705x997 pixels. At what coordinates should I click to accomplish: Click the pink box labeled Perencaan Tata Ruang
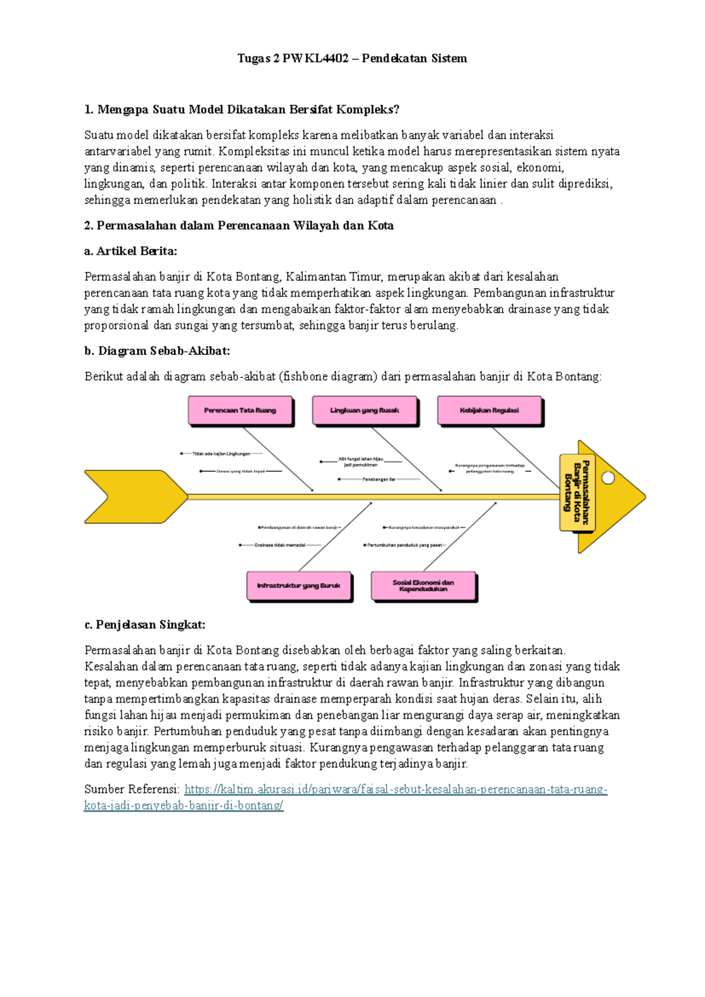(x=240, y=410)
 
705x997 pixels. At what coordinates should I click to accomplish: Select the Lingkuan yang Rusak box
(x=364, y=410)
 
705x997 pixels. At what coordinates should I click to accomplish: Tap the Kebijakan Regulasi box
(x=489, y=410)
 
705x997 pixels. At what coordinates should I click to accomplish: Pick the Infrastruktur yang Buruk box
(x=298, y=586)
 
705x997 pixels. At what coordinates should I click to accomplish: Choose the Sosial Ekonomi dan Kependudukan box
(x=423, y=586)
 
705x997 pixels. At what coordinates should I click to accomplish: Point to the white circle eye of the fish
(x=608, y=478)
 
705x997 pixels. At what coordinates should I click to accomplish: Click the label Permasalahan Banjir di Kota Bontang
(x=577, y=493)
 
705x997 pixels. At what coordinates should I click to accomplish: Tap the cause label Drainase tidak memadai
(x=280, y=545)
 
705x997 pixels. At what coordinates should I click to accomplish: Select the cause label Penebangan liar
(x=379, y=480)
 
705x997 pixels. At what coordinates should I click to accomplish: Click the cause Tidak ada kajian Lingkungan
(x=221, y=454)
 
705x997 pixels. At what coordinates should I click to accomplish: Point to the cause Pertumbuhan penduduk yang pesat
(x=404, y=545)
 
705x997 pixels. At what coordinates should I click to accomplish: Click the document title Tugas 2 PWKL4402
(x=352, y=58)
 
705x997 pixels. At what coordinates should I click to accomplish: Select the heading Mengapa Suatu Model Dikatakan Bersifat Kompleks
(x=241, y=109)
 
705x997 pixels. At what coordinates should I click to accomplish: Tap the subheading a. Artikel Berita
(x=130, y=251)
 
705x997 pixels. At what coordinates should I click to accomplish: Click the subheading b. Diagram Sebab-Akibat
(x=157, y=351)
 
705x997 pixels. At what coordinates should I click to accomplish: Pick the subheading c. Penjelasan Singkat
(x=145, y=624)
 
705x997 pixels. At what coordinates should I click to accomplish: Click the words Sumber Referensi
(x=132, y=789)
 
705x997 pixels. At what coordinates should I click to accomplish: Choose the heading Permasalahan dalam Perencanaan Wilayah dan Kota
(x=239, y=226)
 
